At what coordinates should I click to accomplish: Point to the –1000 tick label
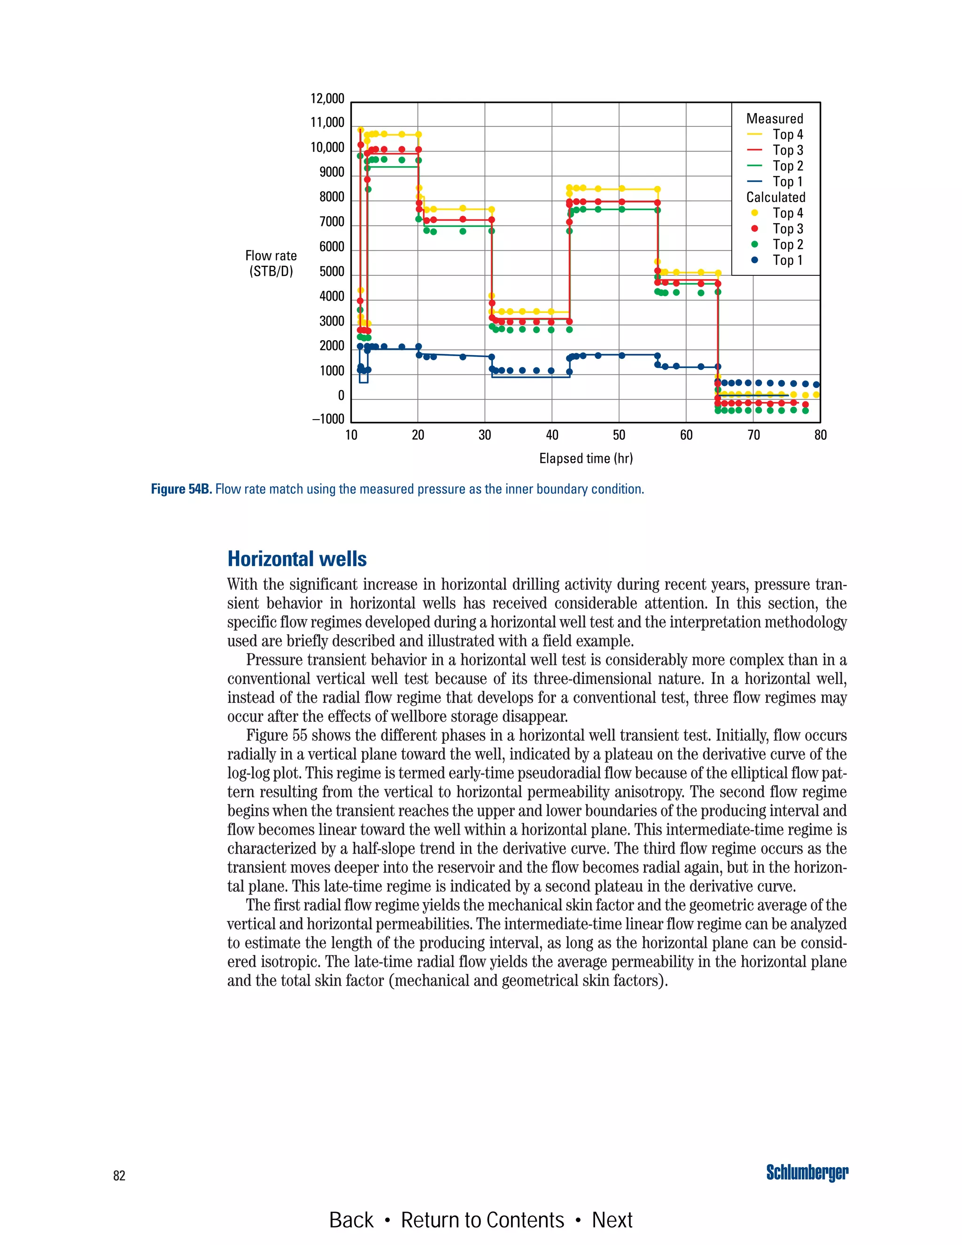click(x=328, y=419)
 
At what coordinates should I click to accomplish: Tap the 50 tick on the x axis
click(x=619, y=435)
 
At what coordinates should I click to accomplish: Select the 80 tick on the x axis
click(x=820, y=435)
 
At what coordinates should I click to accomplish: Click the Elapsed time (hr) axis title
click(x=586, y=459)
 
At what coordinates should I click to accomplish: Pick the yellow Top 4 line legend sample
click(x=754, y=134)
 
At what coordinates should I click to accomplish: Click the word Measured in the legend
click(x=775, y=118)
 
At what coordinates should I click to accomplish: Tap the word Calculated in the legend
click(x=776, y=197)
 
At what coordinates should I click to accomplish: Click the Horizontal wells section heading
click(x=297, y=559)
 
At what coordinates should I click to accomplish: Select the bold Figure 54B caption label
click(x=181, y=489)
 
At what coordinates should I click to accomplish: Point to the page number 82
click(x=119, y=1175)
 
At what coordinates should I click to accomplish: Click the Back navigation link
click(x=351, y=1220)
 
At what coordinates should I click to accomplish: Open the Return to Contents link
click(x=482, y=1220)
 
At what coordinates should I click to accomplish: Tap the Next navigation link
click(x=612, y=1220)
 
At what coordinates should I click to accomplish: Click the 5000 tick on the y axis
click(x=332, y=272)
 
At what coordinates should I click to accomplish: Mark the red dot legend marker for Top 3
click(x=754, y=229)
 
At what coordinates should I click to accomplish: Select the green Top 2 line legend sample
click(x=754, y=166)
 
